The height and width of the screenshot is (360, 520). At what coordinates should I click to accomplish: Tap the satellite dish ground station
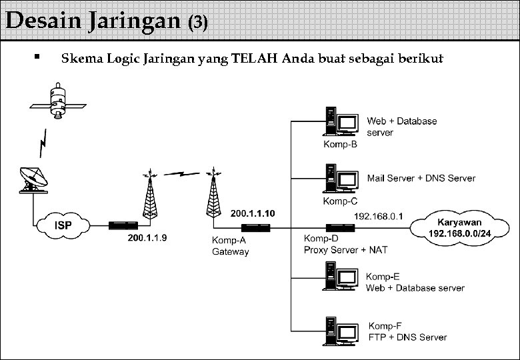pos(33,179)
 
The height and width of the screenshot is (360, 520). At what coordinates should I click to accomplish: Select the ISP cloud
pos(63,225)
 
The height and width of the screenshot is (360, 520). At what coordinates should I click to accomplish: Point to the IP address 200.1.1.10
pos(252,214)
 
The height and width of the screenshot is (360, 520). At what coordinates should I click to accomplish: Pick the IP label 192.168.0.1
pos(379,216)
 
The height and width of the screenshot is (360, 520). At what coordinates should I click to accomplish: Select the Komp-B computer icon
pos(341,123)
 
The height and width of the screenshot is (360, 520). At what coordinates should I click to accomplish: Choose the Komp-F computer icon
pos(341,331)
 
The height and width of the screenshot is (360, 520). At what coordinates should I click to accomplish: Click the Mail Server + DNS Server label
pos(421,178)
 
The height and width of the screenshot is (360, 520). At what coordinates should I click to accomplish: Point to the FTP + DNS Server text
pos(407,337)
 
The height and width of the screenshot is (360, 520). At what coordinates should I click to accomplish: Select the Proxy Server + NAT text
pos(345,250)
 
